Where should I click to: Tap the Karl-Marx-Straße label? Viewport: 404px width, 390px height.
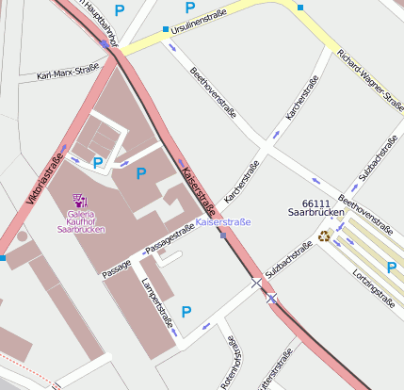[67, 72]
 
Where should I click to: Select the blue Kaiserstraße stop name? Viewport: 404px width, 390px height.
[223, 222]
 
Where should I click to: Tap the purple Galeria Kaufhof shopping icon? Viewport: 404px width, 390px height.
[80, 200]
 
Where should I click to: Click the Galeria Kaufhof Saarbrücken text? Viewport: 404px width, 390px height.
[81, 222]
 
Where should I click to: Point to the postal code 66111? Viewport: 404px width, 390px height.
[315, 203]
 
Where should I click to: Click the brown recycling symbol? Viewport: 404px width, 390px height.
[324, 236]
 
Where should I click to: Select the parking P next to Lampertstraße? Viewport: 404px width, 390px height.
[186, 311]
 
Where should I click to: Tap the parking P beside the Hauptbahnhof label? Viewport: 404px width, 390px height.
[120, 10]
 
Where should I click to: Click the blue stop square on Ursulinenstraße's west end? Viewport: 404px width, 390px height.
[167, 29]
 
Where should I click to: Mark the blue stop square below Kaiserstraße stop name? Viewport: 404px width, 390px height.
[222, 236]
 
